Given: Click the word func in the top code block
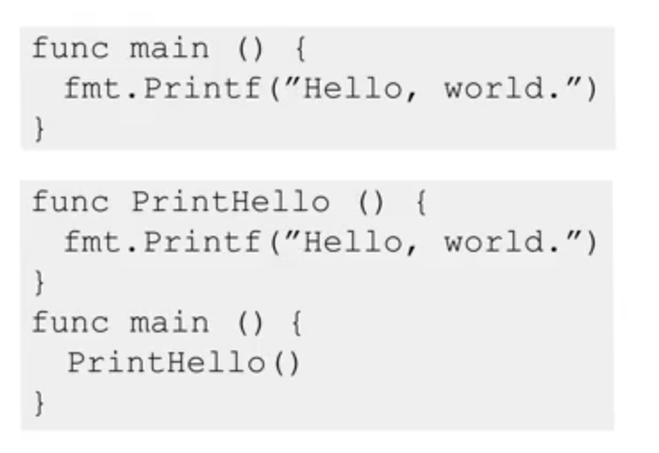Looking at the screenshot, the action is (x=68, y=48).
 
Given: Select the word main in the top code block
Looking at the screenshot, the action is (x=169, y=48).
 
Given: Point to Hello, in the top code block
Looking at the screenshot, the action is (x=358, y=89).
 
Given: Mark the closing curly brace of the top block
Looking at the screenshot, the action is (x=39, y=130).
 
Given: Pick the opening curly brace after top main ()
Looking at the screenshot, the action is (x=299, y=48).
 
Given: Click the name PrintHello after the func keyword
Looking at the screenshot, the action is (x=230, y=201).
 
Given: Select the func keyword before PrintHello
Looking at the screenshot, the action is (x=68, y=201).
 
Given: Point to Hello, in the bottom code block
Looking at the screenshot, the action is (x=358, y=242).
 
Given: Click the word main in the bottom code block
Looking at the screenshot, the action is (x=169, y=323).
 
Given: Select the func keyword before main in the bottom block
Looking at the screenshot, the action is (x=68, y=323).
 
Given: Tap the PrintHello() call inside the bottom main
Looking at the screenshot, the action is (x=184, y=363).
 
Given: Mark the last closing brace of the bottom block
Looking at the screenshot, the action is (x=39, y=404).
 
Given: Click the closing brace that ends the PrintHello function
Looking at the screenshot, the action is (x=39, y=283).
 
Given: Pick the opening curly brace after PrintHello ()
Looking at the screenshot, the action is (x=420, y=201).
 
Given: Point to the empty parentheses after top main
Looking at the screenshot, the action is (x=252, y=48).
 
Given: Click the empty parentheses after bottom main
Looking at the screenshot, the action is (x=252, y=323).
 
